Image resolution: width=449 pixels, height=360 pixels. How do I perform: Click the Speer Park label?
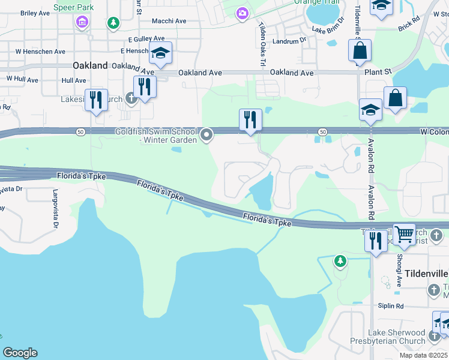(x=73, y=7)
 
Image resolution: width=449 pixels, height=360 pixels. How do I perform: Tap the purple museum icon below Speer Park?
(x=82, y=23)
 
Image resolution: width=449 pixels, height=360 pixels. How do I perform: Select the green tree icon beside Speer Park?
(x=113, y=23)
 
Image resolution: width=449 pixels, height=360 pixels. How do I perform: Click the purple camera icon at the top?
(x=242, y=13)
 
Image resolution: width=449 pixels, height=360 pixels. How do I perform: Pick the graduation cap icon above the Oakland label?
(x=160, y=53)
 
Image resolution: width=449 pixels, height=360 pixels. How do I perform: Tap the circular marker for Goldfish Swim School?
(x=207, y=134)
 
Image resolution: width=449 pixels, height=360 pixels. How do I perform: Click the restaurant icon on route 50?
(x=250, y=119)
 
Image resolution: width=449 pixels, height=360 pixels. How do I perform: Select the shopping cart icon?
(x=405, y=233)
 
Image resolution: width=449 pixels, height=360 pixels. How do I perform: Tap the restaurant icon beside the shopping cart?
(x=376, y=241)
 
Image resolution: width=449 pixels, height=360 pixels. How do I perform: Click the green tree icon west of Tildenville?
(x=340, y=261)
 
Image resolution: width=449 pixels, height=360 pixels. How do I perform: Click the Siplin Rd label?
(x=390, y=306)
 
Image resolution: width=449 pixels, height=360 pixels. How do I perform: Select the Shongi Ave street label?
(x=399, y=269)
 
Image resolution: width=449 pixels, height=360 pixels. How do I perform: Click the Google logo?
(x=20, y=353)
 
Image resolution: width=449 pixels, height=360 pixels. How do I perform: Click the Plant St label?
(x=378, y=71)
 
